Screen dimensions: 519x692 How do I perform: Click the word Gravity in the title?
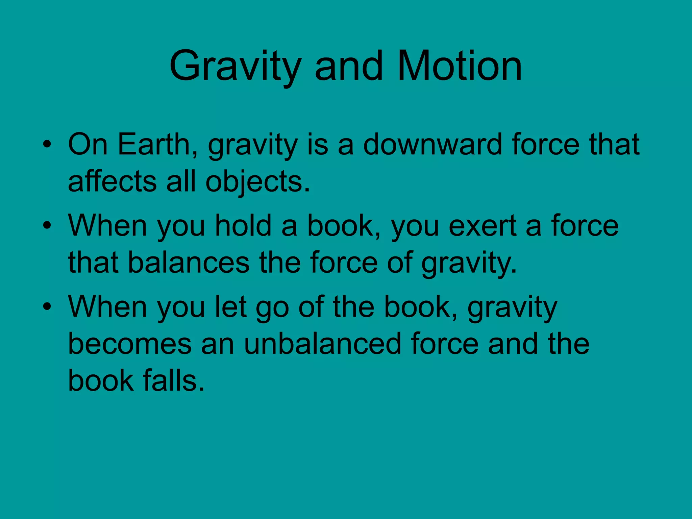(235, 66)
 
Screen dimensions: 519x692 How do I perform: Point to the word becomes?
(130, 344)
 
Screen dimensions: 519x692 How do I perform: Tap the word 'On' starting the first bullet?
(88, 145)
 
